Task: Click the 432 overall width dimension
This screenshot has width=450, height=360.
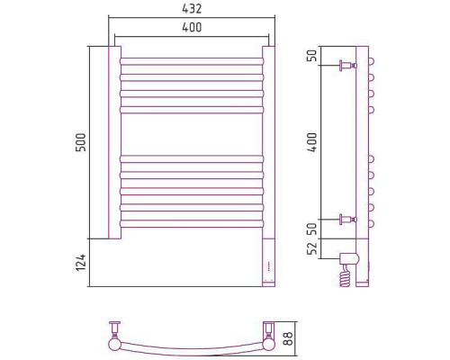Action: [192, 9]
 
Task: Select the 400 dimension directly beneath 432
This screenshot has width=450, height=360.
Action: [192, 27]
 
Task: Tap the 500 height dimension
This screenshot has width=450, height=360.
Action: [81, 142]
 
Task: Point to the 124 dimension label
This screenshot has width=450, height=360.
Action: [81, 263]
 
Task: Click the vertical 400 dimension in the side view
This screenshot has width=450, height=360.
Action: [312, 142]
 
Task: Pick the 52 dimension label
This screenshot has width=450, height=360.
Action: [312, 248]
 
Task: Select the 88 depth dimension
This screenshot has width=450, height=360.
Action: [288, 338]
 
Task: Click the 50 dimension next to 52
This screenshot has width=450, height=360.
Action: [312, 229]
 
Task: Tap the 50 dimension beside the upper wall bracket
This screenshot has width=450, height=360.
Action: [312, 56]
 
